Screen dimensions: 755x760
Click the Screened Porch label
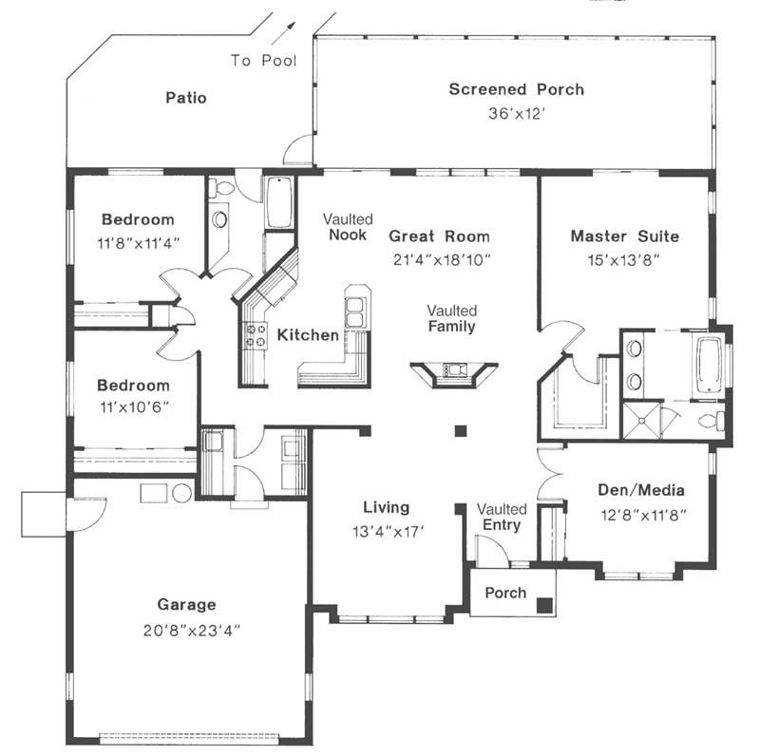(516, 90)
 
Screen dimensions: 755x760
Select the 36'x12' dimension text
(516, 111)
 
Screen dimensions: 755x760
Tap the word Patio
(185, 98)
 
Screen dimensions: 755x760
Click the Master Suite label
(624, 236)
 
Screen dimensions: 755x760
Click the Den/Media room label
(640, 491)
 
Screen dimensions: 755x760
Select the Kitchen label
(307, 335)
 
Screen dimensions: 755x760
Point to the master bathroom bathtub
(710, 363)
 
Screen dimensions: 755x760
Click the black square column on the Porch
(543, 604)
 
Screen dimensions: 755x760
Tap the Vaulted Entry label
(501, 517)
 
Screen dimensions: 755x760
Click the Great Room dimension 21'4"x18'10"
(440, 258)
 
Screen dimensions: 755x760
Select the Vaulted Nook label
(347, 227)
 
